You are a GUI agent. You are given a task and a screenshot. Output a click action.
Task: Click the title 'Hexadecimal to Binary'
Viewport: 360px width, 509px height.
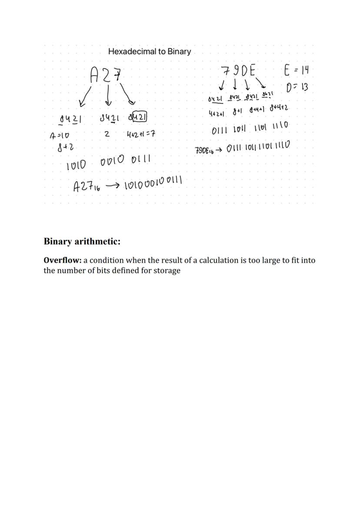(149, 52)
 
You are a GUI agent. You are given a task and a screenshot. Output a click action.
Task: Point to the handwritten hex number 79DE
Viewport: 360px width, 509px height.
(238, 70)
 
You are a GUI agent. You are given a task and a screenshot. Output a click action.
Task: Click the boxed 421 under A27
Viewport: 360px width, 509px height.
(140, 117)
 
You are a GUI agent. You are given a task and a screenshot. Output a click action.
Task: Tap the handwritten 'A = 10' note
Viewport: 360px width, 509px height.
(59, 136)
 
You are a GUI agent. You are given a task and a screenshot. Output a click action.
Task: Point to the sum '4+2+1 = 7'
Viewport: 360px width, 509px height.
(141, 134)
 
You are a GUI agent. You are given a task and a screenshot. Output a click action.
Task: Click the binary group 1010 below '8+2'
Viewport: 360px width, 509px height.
(76, 165)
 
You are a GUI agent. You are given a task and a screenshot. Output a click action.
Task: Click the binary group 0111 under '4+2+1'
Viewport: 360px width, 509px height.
(220, 130)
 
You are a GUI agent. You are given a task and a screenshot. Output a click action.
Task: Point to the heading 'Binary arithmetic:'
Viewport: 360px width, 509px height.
(82, 242)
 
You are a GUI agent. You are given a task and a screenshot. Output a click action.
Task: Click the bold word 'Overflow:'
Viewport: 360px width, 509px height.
(63, 260)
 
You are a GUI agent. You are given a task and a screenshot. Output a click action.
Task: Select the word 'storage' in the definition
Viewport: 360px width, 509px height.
(167, 271)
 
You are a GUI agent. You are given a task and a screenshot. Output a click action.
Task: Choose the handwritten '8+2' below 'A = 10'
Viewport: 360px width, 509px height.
(65, 148)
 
